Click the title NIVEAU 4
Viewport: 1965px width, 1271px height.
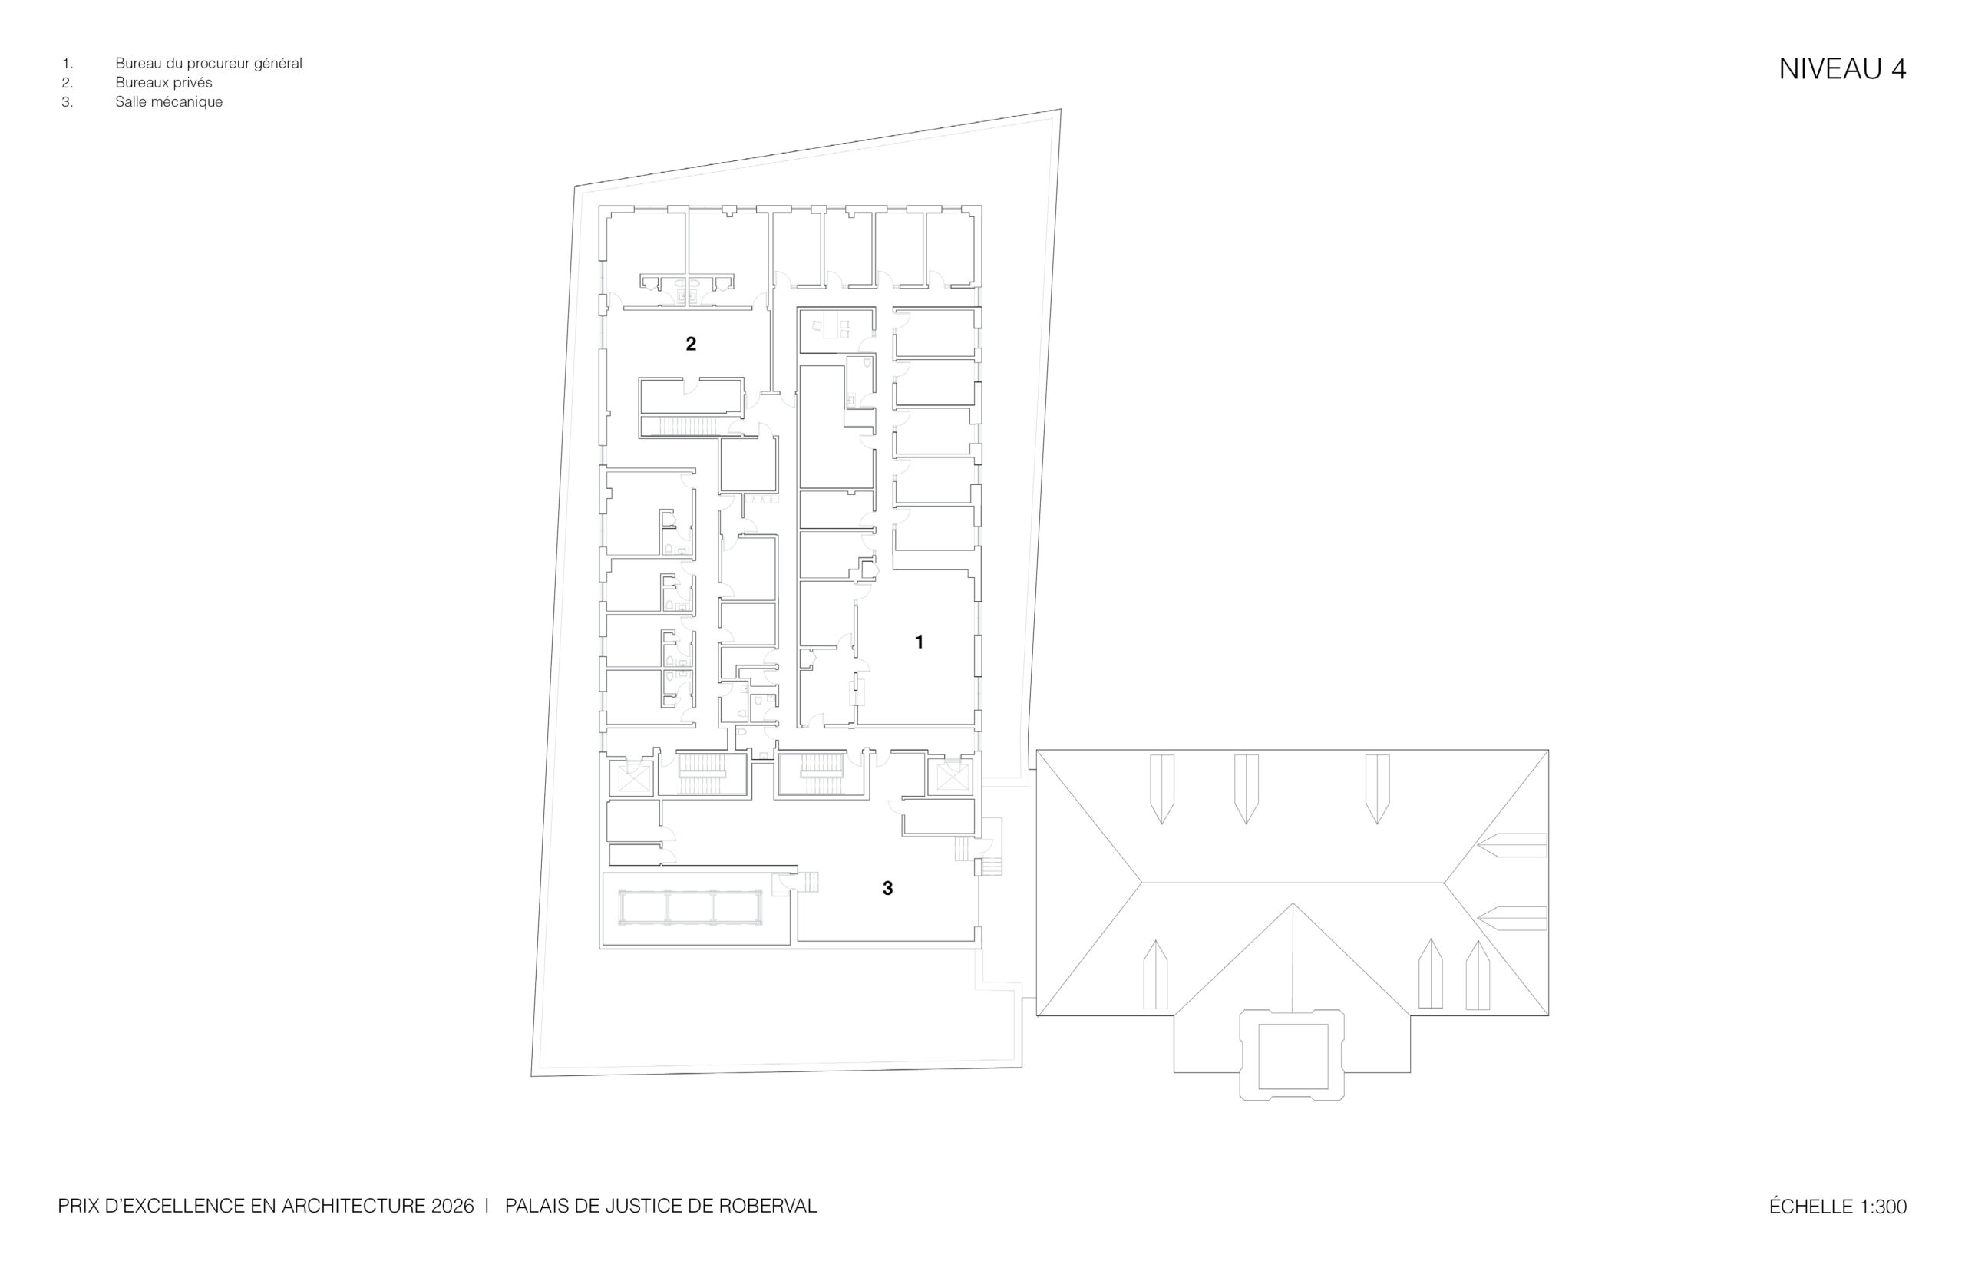coord(1842,69)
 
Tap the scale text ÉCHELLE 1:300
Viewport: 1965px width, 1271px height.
coord(1838,1207)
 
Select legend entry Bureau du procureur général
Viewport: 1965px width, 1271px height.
coord(209,64)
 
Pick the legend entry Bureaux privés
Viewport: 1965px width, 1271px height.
coord(163,83)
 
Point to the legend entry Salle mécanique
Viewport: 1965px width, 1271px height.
coord(169,102)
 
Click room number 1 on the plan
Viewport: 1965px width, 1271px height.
coord(920,642)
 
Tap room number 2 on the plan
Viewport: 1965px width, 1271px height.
coord(691,343)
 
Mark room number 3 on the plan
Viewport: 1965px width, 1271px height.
coord(888,888)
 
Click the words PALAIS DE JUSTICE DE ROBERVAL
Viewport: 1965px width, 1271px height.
coord(661,1206)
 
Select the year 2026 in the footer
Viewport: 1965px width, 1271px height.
coord(452,1206)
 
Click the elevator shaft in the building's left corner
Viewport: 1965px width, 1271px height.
coord(630,778)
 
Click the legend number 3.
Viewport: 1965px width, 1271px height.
coord(67,102)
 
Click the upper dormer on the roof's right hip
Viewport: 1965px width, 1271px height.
coord(1512,845)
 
